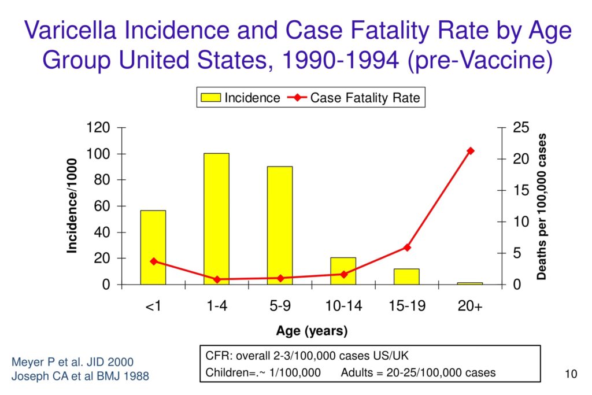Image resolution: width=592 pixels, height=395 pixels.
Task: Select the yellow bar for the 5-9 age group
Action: click(x=280, y=226)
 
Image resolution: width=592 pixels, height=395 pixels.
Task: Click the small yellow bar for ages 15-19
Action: click(x=406, y=276)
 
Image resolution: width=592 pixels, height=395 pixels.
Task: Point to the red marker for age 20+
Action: click(x=470, y=151)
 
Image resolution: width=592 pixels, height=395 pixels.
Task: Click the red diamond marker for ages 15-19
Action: click(x=407, y=248)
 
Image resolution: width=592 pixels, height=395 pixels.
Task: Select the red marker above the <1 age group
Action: click(x=154, y=261)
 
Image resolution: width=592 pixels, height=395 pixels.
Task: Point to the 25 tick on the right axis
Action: click(x=520, y=128)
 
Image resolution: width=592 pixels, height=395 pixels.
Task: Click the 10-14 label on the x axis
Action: click(x=343, y=306)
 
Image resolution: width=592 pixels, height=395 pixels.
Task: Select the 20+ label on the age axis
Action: click(x=470, y=306)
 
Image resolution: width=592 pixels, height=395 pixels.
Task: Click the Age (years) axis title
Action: click(x=312, y=331)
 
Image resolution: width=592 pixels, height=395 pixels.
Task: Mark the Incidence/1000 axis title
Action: click(x=72, y=206)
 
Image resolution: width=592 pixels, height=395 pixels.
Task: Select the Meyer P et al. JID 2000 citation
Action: click(x=72, y=362)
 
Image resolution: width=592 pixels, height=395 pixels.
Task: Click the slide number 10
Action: click(x=571, y=375)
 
